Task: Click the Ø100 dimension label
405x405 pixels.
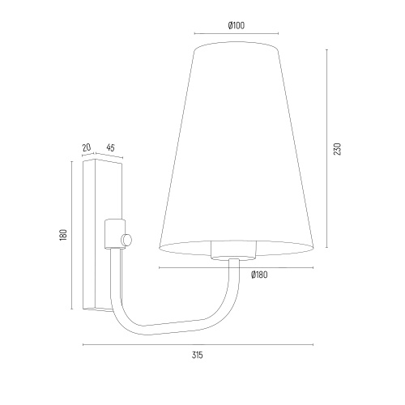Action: click(x=237, y=25)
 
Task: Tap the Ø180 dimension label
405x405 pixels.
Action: click(x=259, y=275)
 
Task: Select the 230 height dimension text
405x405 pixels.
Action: click(x=338, y=149)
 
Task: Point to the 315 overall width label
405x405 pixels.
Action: click(x=198, y=355)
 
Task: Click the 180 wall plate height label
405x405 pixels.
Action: click(x=63, y=235)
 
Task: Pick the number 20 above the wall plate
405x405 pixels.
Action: click(x=87, y=147)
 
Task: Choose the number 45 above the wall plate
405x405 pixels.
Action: click(x=110, y=147)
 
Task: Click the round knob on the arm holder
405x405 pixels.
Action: click(x=127, y=240)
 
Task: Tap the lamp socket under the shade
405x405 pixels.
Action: click(x=233, y=250)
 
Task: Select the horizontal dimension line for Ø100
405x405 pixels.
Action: click(x=237, y=33)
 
